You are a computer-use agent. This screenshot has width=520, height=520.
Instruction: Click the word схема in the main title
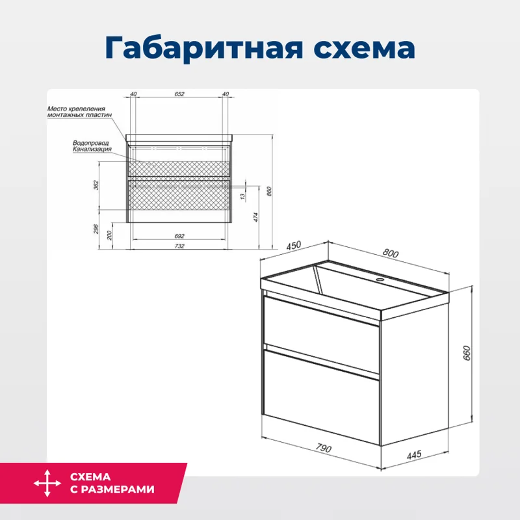click(354, 48)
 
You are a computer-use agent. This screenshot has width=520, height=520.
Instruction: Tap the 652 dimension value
click(179, 95)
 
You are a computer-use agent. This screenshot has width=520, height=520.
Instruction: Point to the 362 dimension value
click(97, 185)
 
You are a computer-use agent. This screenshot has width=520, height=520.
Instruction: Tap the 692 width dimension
click(179, 236)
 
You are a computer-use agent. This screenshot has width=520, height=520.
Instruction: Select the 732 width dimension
click(179, 246)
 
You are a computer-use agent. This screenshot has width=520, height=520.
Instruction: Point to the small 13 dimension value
click(242, 196)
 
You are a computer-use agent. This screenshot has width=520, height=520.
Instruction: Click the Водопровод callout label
click(91, 142)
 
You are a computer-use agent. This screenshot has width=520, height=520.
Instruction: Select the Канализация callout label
click(92, 149)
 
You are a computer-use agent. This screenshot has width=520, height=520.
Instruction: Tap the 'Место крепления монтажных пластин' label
click(79, 111)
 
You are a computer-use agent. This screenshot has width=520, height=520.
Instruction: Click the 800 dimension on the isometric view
click(389, 253)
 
